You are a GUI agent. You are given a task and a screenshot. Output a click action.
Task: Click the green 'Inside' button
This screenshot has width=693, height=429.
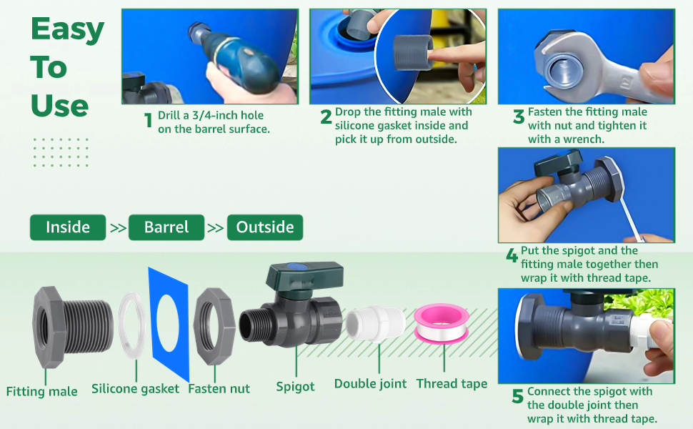[68, 227]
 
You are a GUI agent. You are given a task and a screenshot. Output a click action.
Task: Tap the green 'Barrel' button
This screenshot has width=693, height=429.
[166, 227]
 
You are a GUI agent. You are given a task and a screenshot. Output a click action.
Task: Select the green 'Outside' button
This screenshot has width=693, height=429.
[265, 227]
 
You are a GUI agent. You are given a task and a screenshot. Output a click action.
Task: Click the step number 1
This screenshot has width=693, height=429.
[149, 120]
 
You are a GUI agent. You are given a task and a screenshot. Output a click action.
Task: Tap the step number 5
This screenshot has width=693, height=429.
[518, 397]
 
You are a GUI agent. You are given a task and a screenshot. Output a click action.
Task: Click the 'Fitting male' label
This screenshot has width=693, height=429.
[41, 391]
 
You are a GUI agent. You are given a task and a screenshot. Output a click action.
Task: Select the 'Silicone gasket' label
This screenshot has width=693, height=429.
[135, 389]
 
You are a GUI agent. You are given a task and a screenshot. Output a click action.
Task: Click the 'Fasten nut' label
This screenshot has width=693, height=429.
[219, 389]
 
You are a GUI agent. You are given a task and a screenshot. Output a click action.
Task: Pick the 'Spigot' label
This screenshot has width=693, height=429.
[295, 387]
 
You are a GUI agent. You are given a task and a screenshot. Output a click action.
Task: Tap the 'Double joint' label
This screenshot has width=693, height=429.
[370, 384]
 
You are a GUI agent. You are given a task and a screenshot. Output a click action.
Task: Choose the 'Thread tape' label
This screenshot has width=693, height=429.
[452, 384]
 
